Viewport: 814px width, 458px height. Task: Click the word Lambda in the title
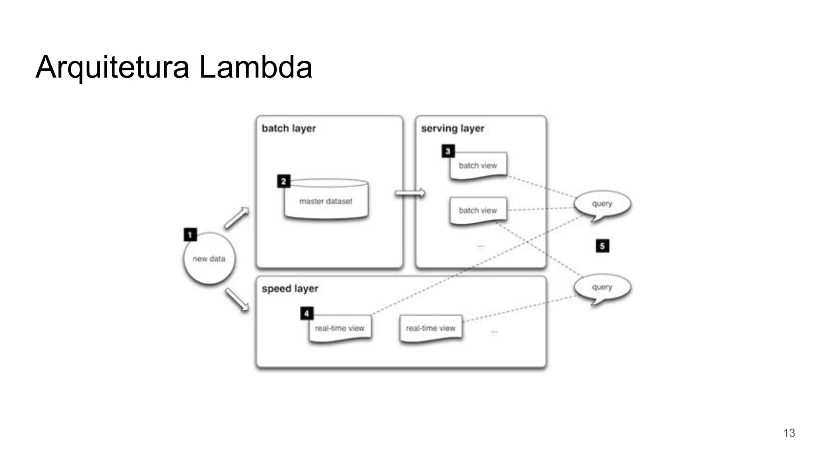255,67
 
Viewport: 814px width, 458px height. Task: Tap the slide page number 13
789,433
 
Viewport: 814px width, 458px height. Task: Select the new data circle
209,259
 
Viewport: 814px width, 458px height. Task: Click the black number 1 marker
190,235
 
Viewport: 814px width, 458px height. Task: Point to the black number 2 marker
283,181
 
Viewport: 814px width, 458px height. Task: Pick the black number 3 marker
448,151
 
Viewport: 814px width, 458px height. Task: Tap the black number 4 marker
306,313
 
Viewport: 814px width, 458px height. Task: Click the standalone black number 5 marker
602,246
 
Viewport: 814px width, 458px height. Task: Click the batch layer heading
289,128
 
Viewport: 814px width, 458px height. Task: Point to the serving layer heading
453,128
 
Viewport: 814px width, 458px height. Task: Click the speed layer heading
290,289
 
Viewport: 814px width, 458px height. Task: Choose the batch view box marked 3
478,166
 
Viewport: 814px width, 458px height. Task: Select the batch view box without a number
478,210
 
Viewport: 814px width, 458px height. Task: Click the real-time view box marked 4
340,328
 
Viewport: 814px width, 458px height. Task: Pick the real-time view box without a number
431,328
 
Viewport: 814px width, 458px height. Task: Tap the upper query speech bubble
602,204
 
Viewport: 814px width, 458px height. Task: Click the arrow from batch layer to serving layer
410,193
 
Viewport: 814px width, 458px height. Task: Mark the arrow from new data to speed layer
237,300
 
